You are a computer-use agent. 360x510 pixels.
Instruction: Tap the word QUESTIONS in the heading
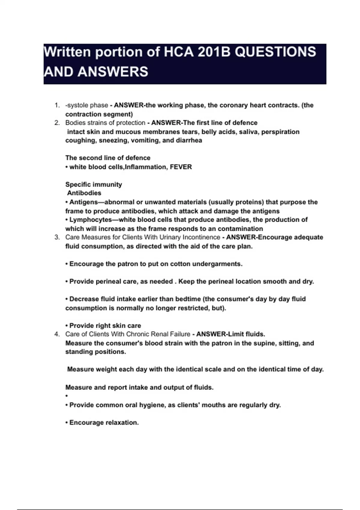[275, 52]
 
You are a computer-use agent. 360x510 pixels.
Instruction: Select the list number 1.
[57, 105]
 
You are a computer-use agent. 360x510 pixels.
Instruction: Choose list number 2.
[57, 123]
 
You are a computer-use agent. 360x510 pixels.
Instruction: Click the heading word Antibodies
[84, 193]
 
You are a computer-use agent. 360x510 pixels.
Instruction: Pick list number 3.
[57, 237]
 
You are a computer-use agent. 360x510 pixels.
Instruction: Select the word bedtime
[188, 299]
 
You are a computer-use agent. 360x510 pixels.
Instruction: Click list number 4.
[57, 334]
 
